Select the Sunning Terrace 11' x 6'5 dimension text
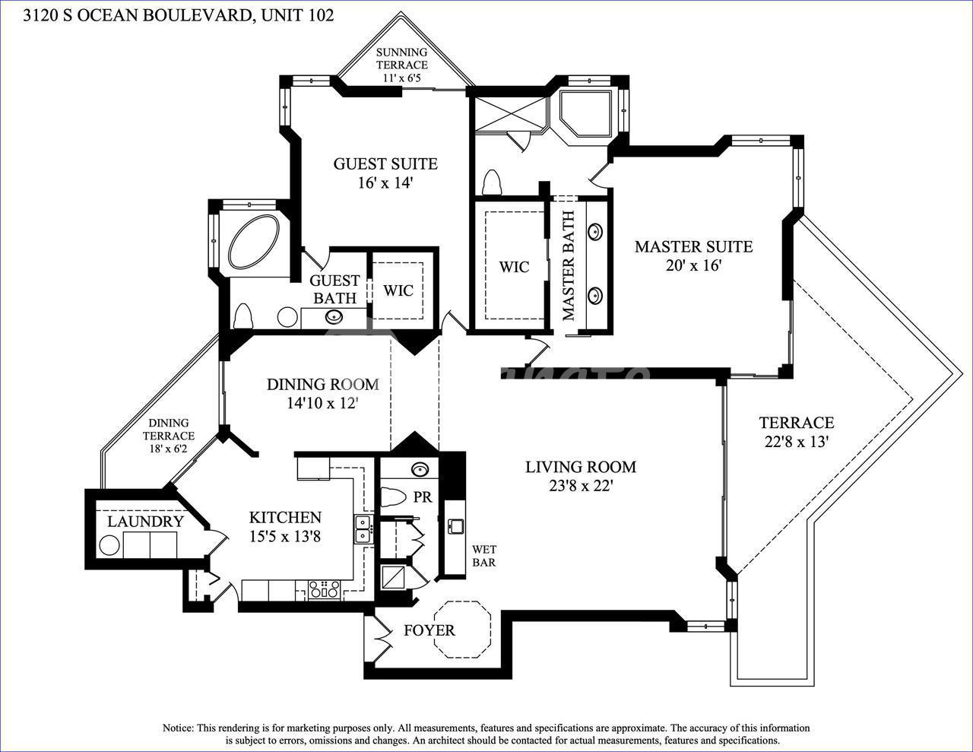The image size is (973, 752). [x=401, y=77]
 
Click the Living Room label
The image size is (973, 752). [x=580, y=467]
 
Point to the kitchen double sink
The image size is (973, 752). [x=363, y=529]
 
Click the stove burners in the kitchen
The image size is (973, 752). [x=324, y=589]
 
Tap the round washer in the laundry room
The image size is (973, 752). [x=109, y=546]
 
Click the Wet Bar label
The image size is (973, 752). [x=484, y=555]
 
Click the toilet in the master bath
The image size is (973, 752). [x=493, y=182]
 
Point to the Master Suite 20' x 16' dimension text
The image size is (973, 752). [x=693, y=265]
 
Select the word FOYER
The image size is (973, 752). [x=429, y=630]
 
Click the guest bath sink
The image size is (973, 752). [x=334, y=317]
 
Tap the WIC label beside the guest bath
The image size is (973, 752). [x=398, y=290]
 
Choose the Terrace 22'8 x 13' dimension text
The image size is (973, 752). [x=796, y=442]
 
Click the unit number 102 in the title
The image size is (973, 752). [x=320, y=15]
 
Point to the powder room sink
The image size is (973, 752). [x=420, y=470]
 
